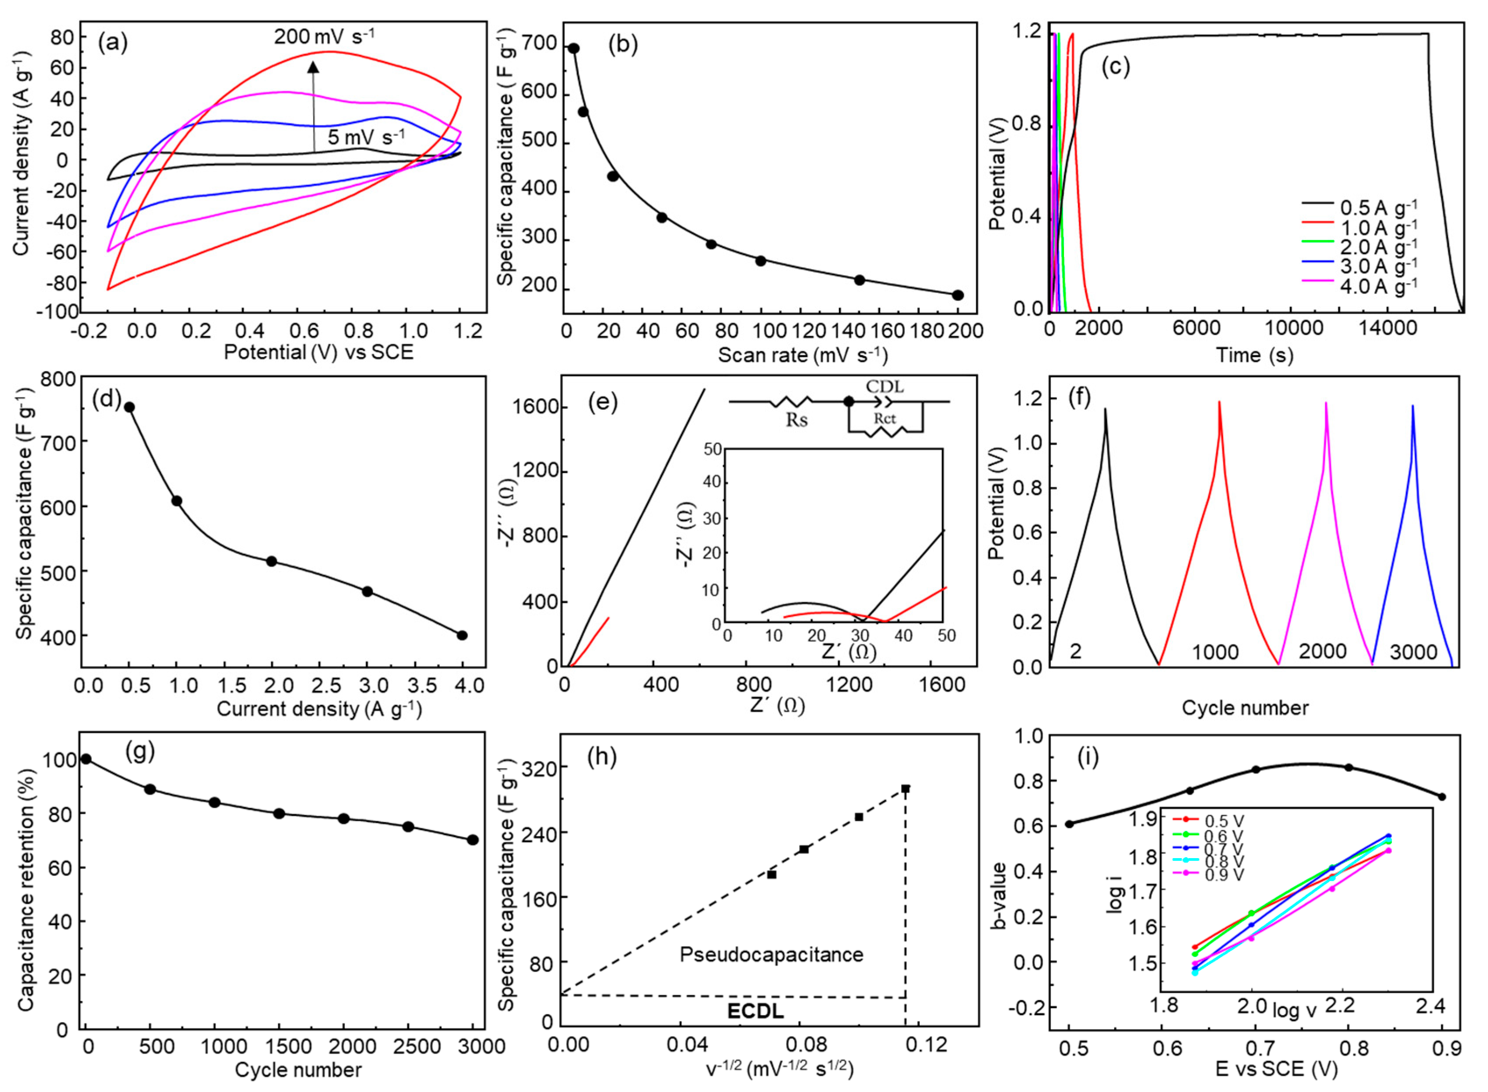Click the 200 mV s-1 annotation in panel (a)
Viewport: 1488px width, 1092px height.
click(324, 36)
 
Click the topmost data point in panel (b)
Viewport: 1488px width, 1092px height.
click(573, 48)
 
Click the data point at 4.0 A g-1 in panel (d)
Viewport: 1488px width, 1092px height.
click(462, 635)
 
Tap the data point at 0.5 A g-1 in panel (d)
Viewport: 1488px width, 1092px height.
click(130, 407)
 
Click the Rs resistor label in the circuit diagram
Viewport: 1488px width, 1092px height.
click(796, 420)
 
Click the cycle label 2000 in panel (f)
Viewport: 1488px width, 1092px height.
click(1322, 651)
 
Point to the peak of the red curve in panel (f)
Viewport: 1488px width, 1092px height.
click(1219, 402)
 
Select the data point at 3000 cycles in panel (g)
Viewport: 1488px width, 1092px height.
click(472, 840)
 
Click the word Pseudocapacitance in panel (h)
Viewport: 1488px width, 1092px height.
click(771, 954)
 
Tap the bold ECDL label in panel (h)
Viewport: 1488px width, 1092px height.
click(755, 1011)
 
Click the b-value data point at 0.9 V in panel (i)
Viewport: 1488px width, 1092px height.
click(1442, 797)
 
